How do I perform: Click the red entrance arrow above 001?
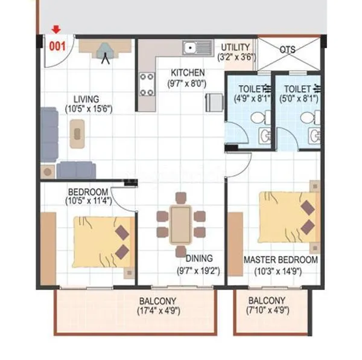click(x=56, y=29)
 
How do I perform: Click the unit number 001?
click(x=57, y=44)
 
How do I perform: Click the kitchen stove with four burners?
click(x=147, y=84)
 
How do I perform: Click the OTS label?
click(x=288, y=50)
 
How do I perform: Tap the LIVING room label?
click(x=87, y=99)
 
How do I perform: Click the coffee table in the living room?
click(x=77, y=133)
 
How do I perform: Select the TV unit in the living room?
click(x=107, y=48)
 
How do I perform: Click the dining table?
click(x=180, y=223)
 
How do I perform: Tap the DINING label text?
click(x=198, y=259)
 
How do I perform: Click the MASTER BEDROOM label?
click(x=281, y=260)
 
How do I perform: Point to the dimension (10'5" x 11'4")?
click(x=89, y=201)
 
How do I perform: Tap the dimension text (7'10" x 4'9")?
click(x=266, y=311)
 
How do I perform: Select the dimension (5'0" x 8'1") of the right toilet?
click(x=300, y=98)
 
